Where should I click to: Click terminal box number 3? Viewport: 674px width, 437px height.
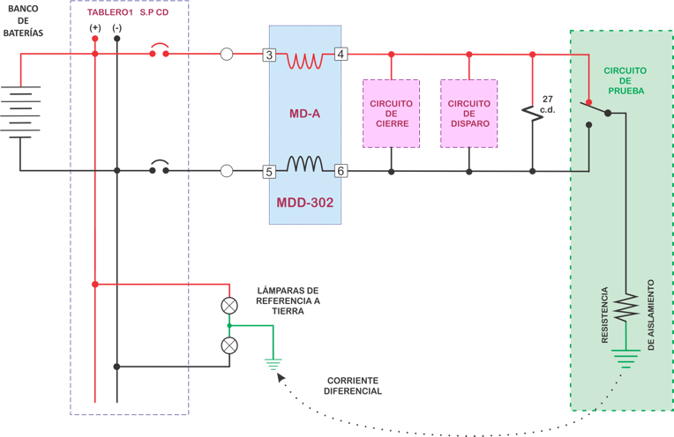coord(269,55)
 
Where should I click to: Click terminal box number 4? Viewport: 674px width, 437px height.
coord(341,55)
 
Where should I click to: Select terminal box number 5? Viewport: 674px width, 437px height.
coord(269,171)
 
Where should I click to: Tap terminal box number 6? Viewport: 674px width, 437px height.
coord(341,171)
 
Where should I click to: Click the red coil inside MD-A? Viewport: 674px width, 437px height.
coord(305,60)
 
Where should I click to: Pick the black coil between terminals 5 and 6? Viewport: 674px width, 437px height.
coord(304,165)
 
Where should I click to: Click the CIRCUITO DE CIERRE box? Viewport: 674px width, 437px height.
coord(391,114)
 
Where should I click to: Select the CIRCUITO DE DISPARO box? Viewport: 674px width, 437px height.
coord(468,114)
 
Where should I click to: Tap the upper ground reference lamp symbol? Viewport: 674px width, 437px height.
coord(229,306)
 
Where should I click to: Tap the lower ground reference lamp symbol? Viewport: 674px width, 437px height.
coord(229,345)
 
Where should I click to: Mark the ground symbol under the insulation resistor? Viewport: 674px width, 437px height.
coord(626,358)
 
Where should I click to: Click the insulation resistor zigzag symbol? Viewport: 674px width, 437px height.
coord(626,308)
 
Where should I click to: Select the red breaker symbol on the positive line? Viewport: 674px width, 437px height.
coord(160,50)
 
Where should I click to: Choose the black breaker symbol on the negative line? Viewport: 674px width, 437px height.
coord(160,167)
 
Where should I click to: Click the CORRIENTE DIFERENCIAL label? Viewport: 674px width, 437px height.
coord(353,385)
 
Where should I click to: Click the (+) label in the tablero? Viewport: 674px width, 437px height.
coord(95,28)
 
